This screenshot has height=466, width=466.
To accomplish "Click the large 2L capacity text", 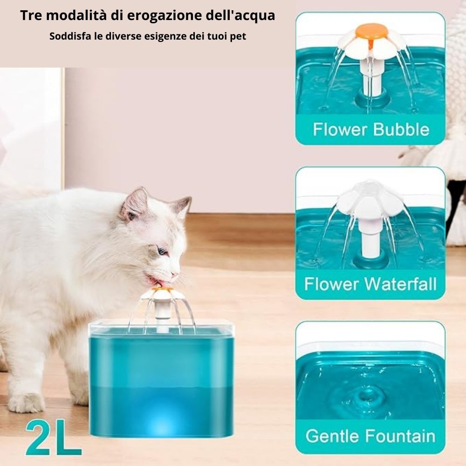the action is (54, 438).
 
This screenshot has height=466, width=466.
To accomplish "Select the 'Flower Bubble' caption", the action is (371, 130).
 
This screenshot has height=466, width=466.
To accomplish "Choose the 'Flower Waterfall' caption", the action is (370, 284).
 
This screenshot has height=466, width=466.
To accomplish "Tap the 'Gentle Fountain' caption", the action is (370, 436).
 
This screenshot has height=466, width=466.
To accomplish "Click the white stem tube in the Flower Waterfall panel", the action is (370, 238).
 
